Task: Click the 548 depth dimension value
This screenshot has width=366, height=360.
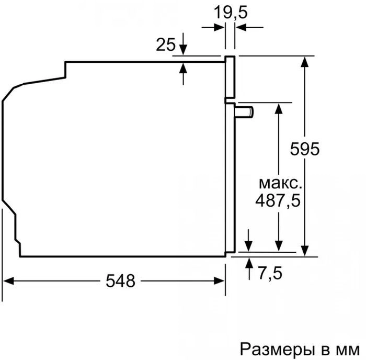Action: pyautogui.click(x=120, y=280)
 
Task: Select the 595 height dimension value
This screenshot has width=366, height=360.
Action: pyautogui.click(x=305, y=149)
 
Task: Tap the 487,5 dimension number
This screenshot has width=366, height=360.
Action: pyautogui.click(x=278, y=201)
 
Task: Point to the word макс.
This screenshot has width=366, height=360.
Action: pyautogui.click(x=280, y=184)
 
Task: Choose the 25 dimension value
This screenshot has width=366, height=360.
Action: pyautogui.click(x=166, y=44)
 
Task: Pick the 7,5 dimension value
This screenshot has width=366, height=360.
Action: pyautogui.click(x=270, y=273)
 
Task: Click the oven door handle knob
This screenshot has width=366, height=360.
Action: pyautogui.click(x=244, y=111)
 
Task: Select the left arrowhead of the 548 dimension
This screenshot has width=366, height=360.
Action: pyautogui.click(x=8, y=281)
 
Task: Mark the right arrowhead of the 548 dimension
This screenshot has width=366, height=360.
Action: pyautogui.click(x=219, y=281)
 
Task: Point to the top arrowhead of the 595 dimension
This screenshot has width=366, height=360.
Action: pyautogui.click(x=305, y=62)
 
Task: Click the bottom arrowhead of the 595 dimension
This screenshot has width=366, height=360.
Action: pyautogui.click(x=305, y=251)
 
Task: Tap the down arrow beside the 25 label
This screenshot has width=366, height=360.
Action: pyautogui.click(x=183, y=44)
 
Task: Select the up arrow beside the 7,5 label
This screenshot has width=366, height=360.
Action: pyautogui.click(x=249, y=268)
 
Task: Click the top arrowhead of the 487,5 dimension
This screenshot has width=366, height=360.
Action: pyautogui.click(x=279, y=108)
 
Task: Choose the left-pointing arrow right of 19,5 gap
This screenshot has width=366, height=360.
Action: pyautogui.click(x=249, y=27)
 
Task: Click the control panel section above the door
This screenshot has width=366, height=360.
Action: pyautogui.click(x=230, y=77)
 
